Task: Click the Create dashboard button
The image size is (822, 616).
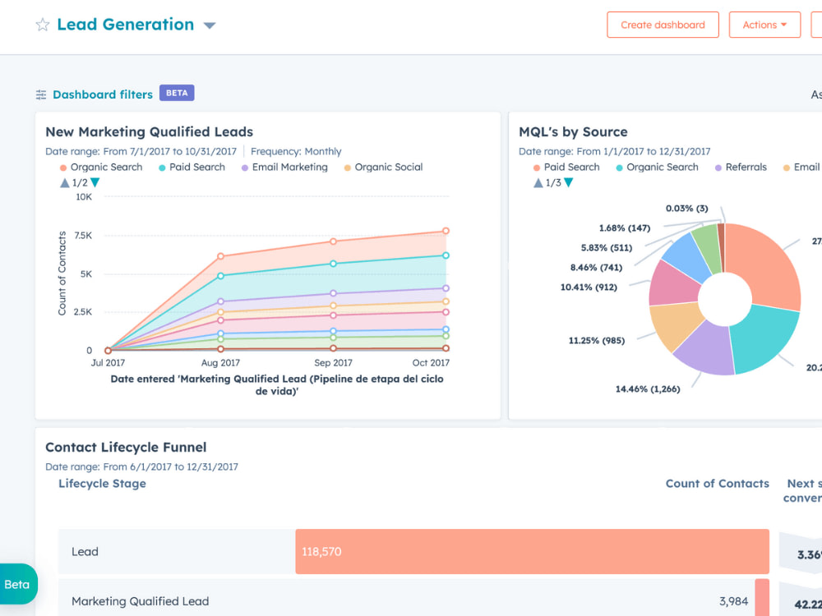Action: tap(663, 25)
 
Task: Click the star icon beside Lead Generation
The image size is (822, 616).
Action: tap(43, 25)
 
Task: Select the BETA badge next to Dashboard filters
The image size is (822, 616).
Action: tap(177, 93)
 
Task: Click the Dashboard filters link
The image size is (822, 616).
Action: tap(102, 94)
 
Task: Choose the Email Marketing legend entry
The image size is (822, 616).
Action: tap(289, 167)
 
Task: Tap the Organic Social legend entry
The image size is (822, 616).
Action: tap(388, 167)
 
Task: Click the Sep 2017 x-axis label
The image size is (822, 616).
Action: tap(333, 363)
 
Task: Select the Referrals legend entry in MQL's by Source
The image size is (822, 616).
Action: tap(746, 167)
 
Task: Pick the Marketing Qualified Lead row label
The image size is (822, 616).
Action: tap(140, 601)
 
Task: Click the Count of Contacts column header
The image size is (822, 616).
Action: tap(717, 484)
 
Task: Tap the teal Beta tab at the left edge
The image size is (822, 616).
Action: tap(17, 585)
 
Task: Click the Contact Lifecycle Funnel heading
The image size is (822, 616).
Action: tap(126, 448)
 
